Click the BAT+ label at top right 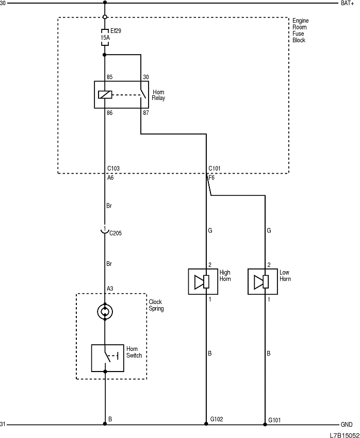coord(347,3)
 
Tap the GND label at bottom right coord(347,425)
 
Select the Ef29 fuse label coord(116,31)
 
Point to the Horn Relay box coord(120,94)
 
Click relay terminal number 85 coord(109,77)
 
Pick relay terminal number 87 coord(146,112)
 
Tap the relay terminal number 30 coord(146,77)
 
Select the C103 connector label coord(113,169)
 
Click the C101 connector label coord(215,169)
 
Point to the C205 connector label coord(116,233)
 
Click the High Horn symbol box coord(202,281)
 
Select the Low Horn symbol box coord(263,281)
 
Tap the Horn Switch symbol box coord(107,358)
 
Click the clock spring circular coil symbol coord(105,311)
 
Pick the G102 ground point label coord(217,420)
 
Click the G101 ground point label coord(275,420)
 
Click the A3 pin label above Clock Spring coord(110,288)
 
